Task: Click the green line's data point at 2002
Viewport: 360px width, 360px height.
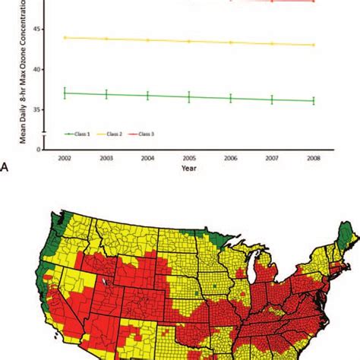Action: (x=65, y=93)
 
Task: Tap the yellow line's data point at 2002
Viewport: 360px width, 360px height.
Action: (x=65, y=37)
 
